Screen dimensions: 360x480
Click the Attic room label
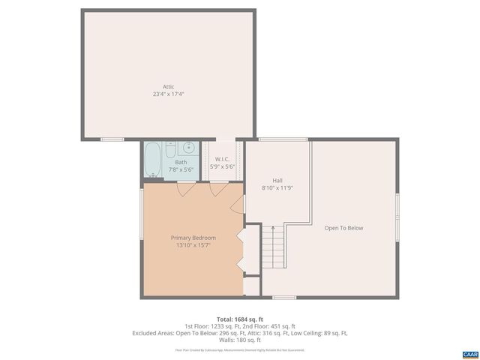pos(169,87)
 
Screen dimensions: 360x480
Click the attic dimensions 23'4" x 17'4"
pos(169,94)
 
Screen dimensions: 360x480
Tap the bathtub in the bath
pos(154,159)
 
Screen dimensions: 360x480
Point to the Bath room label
pos(181,162)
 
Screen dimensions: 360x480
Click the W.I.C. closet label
pos(222,159)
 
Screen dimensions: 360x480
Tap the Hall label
pos(277,180)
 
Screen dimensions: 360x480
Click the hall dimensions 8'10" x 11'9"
pos(277,187)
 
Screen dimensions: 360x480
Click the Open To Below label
pos(343,228)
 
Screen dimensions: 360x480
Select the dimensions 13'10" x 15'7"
pos(193,244)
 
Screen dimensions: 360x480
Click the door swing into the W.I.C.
pos(219,189)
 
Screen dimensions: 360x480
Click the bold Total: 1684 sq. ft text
pos(239,319)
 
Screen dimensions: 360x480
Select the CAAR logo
pos(469,352)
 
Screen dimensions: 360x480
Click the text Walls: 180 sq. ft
pos(239,339)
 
